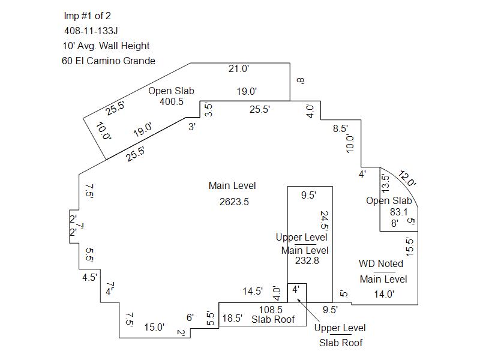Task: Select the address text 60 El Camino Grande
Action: [x=109, y=61]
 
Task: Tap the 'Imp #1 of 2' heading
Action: [x=87, y=15]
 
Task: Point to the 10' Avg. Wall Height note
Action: [x=106, y=46]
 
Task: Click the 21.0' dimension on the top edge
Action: [x=239, y=69]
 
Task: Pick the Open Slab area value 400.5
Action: [x=172, y=102]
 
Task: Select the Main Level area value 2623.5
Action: [x=234, y=202]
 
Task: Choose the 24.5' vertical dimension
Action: [x=325, y=220]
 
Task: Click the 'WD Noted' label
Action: [x=381, y=263]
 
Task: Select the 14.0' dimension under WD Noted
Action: [x=384, y=294]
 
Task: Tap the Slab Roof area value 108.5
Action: [x=270, y=310]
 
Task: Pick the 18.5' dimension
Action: [x=232, y=319]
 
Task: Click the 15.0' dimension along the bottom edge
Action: [x=154, y=327]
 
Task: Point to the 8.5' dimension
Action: [x=340, y=128]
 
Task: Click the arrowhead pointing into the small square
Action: [x=301, y=296]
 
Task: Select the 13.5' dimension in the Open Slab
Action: [x=385, y=182]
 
